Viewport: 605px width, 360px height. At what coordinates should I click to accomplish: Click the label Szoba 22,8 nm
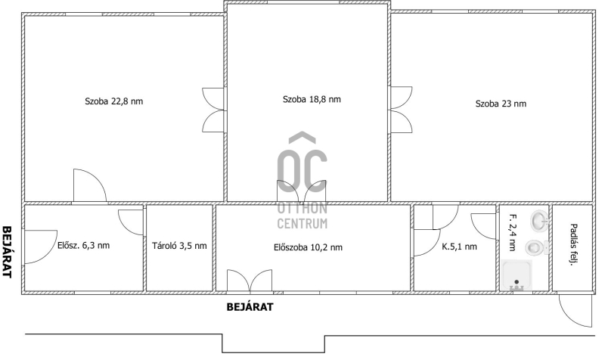114,101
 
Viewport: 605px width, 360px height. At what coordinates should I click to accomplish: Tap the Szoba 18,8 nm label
312,100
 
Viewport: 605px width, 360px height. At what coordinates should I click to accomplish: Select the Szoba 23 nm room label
501,104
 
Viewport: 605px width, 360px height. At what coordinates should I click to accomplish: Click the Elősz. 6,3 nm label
83,245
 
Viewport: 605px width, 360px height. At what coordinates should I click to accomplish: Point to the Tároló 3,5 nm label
179,246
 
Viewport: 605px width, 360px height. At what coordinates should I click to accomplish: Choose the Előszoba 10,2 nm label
308,247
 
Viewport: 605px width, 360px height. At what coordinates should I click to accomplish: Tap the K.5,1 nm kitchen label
459,247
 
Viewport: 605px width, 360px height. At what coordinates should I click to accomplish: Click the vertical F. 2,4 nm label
513,232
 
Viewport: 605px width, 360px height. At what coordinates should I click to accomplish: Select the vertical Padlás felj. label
572,245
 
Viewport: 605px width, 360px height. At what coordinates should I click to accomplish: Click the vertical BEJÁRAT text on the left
7,252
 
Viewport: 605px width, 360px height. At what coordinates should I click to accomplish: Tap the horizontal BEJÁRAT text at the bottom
250,307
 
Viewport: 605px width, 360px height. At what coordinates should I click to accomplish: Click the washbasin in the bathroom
539,220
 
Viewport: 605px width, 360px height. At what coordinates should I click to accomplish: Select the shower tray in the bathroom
517,275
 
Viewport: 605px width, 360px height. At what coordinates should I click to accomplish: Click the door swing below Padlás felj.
575,310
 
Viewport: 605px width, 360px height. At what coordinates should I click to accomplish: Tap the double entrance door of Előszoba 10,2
250,281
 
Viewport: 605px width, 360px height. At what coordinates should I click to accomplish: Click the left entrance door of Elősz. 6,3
41,247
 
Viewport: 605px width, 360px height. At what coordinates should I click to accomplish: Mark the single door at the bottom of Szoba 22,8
90,185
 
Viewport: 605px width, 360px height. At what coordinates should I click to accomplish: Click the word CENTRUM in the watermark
302,223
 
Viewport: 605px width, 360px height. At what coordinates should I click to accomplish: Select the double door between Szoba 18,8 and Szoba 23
401,110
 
